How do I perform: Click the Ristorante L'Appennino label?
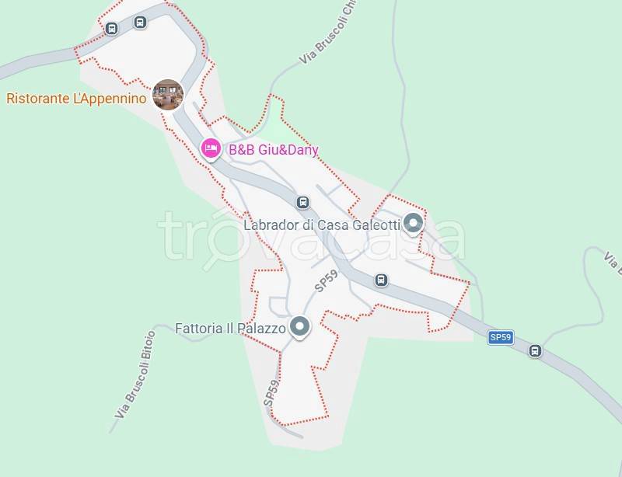(76, 99)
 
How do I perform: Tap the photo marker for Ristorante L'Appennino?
(168, 95)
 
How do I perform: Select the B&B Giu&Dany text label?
(273, 150)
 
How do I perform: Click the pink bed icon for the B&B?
(210, 148)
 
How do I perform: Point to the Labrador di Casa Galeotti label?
(321, 225)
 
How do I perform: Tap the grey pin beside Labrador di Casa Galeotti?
(414, 223)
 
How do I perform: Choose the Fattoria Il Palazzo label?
(230, 328)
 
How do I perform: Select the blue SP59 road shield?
(501, 337)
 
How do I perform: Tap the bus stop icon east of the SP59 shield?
(535, 351)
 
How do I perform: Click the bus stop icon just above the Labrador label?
(303, 203)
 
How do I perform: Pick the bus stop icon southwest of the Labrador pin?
(381, 280)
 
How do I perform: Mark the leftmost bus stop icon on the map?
(112, 30)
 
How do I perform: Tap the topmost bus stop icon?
(140, 22)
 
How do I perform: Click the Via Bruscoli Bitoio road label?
(135, 374)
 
